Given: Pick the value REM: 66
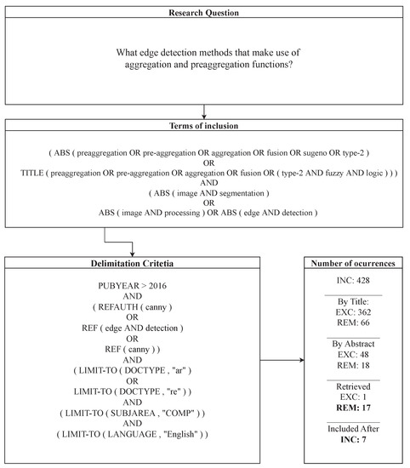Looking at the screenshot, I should (352, 325).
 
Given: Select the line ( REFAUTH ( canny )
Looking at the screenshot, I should (132, 313).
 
